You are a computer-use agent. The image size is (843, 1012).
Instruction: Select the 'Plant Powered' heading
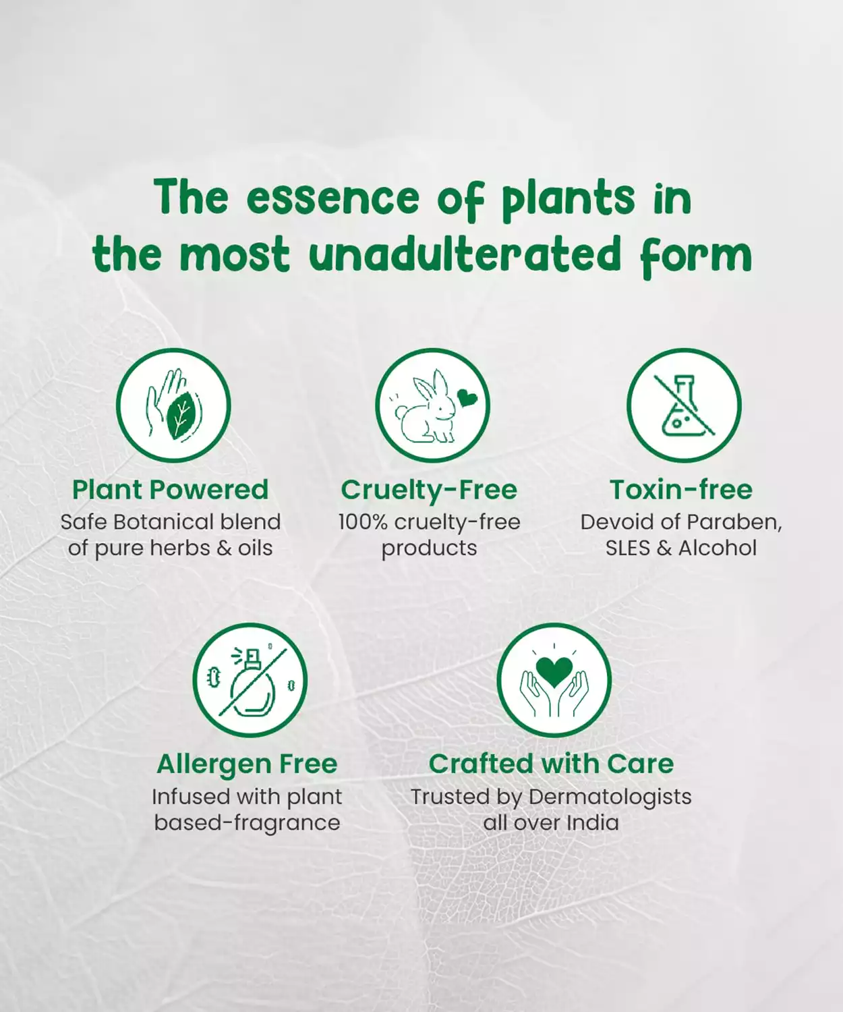170,489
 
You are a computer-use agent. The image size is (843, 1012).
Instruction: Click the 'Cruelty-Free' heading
429,489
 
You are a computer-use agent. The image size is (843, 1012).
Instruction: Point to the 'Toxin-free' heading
680,489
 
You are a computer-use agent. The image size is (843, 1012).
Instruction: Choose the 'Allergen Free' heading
247,764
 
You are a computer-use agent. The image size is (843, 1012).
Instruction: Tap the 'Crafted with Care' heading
552,764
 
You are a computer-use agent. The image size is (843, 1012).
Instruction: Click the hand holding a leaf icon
173,405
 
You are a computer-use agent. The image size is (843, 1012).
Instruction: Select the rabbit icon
433,405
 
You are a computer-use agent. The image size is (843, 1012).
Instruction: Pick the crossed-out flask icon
684,405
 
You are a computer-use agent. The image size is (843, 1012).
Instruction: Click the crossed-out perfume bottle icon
250,680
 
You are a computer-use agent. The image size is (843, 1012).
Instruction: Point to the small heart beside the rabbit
467,399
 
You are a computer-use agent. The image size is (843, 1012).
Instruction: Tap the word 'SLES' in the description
627,548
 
